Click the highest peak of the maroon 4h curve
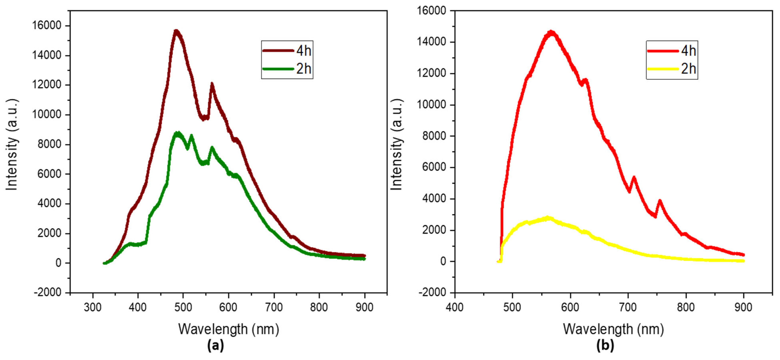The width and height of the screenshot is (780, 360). [176, 31]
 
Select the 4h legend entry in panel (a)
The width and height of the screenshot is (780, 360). [287, 51]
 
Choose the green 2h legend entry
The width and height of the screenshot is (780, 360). [287, 69]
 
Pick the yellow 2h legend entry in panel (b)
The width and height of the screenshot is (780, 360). [672, 69]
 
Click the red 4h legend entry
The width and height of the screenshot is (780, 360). [672, 51]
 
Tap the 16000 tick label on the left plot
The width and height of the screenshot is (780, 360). [47, 25]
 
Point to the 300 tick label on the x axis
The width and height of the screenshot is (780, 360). [92, 308]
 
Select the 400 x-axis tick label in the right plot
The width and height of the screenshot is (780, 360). [455, 308]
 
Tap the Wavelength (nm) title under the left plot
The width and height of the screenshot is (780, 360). [229, 329]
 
